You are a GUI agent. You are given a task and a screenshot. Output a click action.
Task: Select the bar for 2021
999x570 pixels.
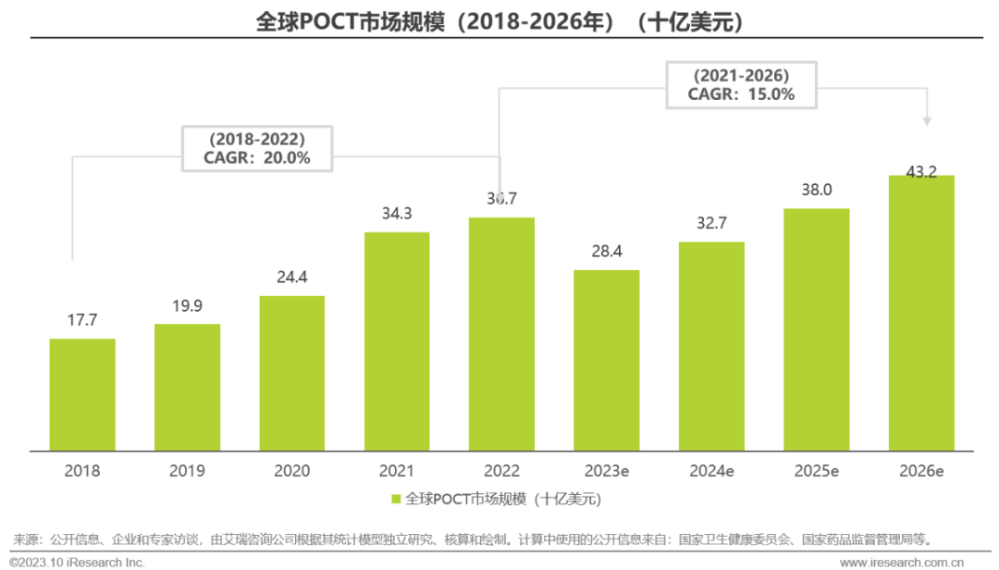tap(397, 341)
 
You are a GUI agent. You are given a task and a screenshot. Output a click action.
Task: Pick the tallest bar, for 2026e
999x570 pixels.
tap(921, 313)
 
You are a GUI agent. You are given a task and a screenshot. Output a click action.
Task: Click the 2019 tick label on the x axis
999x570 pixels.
tap(187, 471)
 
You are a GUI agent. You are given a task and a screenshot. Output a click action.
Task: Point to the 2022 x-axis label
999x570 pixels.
tap(501, 471)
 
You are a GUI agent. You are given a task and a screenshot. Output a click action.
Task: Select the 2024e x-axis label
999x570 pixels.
tap(711, 471)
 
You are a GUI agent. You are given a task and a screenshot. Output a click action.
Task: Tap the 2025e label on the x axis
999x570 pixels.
tap(816, 471)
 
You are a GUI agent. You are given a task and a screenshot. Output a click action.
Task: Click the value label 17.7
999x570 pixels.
tap(82, 320)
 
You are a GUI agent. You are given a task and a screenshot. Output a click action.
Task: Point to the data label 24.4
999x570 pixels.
tap(292, 277)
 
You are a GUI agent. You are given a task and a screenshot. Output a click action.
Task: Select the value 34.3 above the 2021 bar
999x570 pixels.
tap(397, 213)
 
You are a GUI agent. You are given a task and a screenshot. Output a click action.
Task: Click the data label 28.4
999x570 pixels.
tap(606, 252)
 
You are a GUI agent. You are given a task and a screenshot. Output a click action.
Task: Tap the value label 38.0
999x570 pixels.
tap(816, 190)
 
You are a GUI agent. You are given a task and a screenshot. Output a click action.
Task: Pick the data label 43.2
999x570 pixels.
tap(921, 172)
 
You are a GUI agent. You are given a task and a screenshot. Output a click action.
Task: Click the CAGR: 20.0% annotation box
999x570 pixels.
tap(256, 148)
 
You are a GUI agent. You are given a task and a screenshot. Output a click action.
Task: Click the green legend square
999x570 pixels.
tap(397, 500)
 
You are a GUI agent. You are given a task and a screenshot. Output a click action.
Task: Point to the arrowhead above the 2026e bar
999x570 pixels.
tap(927, 121)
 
